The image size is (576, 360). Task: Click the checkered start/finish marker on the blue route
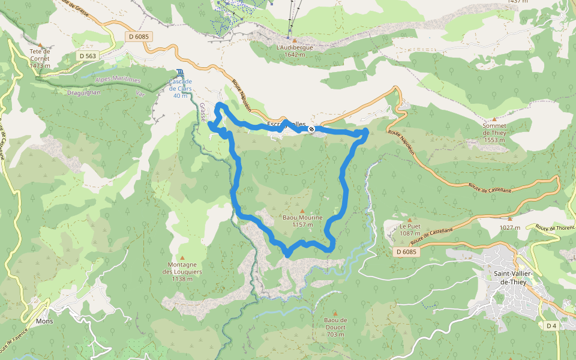tap(311, 129)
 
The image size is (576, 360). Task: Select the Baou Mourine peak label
tap(302, 221)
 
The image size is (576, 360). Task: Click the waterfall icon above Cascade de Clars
tap(181, 73)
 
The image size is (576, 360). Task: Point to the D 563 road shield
tap(87, 56)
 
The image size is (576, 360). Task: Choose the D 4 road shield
tap(552, 325)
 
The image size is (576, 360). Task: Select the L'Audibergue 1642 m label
tap(294, 50)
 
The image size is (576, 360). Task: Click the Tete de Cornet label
tap(40, 58)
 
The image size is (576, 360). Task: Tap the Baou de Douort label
tap(335, 327)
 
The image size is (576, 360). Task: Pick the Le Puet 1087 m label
tap(410, 230)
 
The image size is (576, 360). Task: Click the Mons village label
tap(44, 321)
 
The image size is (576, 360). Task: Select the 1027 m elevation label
tap(509, 227)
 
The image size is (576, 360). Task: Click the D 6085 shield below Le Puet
tap(406, 252)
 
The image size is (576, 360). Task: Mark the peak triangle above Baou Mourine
tap(302, 211)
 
